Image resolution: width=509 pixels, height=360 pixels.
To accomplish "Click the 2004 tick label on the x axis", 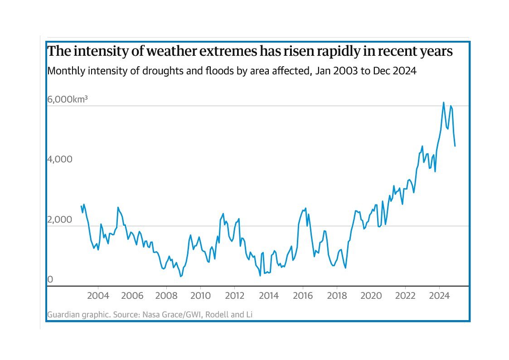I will tap(98, 296).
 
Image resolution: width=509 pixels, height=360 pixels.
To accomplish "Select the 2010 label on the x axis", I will tap(200, 296).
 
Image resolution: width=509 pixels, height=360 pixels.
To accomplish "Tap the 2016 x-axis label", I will tap(303, 296).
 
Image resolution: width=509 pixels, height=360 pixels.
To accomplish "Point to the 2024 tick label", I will tap(439, 296).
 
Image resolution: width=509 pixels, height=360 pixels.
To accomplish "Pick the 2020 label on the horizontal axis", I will tap(371, 296).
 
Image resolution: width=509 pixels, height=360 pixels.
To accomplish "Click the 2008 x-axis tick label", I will tap(166, 296).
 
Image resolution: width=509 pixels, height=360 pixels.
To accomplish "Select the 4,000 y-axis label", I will tap(59, 160).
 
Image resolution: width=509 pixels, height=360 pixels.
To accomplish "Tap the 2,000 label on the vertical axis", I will tap(59, 220).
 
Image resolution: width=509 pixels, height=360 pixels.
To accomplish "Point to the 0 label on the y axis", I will tap(50, 280).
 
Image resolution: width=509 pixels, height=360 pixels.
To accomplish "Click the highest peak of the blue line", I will tap(443, 102).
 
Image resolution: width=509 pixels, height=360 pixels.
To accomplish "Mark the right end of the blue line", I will tap(455, 146).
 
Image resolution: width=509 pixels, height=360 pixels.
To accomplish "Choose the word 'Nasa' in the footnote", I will tap(164, 314).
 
